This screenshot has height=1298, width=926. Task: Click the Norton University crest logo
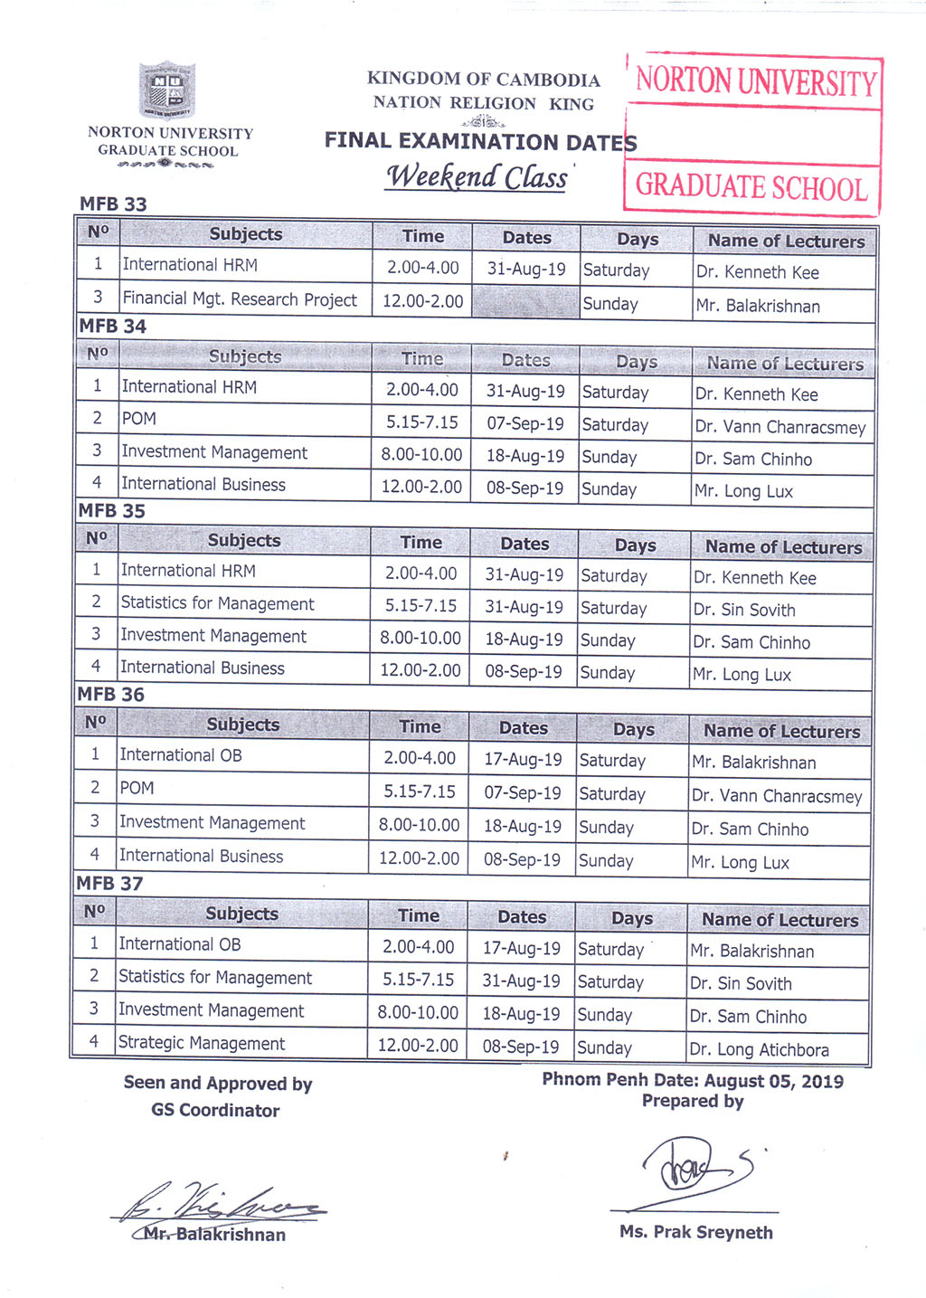coord(166,90)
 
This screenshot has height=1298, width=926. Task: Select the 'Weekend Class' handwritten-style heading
coord(477,176)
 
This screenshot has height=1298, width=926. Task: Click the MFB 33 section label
coord(113,204)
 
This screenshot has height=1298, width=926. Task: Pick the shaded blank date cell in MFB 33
coord(525,302)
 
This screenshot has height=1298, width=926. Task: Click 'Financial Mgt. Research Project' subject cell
coord(240,299)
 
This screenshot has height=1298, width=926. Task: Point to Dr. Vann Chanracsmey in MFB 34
coord(780,427)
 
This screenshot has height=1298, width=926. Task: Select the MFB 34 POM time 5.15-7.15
coord(421,422)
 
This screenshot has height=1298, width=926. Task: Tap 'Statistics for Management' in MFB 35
coord(217,603)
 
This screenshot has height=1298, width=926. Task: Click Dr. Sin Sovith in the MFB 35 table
coord(744,610)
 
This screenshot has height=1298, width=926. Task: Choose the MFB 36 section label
coord(110,695)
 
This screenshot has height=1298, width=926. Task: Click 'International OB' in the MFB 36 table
coord(181,755)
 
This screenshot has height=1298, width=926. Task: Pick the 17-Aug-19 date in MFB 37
coord(521,949)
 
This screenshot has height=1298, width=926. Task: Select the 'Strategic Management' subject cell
coord(202,1043)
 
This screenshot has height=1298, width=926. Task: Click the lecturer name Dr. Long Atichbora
coord(759,1049)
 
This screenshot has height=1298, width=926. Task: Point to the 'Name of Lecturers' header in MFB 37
coord(780,920)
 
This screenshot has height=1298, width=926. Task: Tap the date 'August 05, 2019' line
coord(693,1080)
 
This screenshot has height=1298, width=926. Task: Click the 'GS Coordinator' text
coord(215,1110)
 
